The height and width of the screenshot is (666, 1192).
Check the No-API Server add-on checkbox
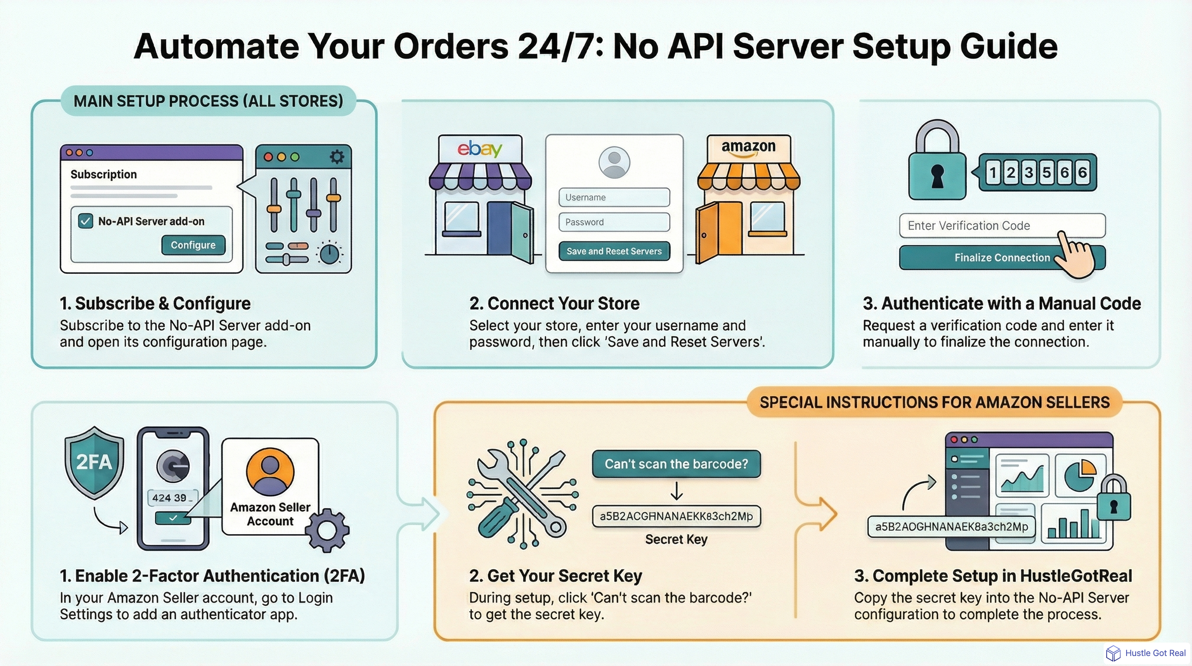pos(86,221)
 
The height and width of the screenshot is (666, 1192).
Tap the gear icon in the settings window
pos(337,157)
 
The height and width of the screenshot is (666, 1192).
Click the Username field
pos(614,197)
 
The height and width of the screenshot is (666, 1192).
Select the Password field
pos(614,222)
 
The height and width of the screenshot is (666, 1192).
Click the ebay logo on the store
pos(479,149)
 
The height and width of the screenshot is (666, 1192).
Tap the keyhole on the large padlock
pos(937,176)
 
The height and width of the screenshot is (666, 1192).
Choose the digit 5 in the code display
pos(1046,173)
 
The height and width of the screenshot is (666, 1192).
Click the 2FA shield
pos(94,462)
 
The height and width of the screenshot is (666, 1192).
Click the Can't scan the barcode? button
pos(676,464)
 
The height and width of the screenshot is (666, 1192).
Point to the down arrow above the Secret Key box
pos(677,491)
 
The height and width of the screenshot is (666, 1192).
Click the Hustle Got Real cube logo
pos(1113,653)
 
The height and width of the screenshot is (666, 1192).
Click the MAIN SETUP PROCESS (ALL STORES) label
pos(208,101)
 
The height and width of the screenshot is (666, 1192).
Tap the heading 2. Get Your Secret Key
pos(555,576)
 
